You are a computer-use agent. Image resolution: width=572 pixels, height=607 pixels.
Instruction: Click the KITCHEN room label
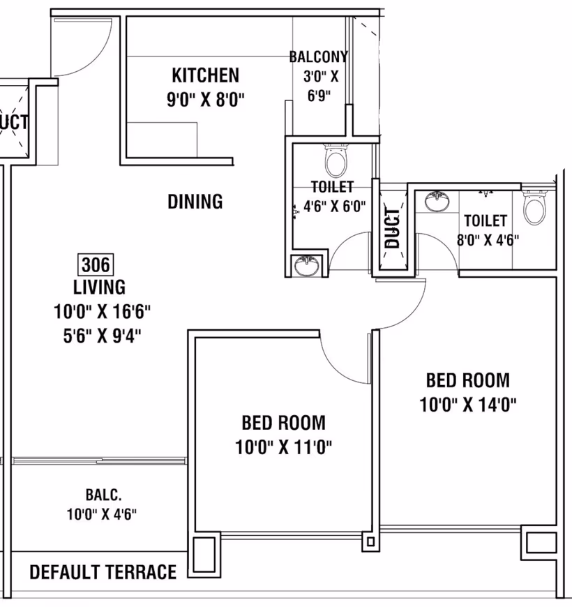pos(206,75)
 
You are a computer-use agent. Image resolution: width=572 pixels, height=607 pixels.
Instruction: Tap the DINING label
pos(195,202)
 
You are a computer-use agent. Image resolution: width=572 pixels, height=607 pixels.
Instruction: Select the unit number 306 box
pos(96,265)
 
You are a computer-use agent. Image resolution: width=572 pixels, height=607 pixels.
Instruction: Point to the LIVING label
pos(100,287)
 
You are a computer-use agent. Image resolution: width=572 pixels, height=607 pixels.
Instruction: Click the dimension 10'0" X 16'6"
pos(102,311)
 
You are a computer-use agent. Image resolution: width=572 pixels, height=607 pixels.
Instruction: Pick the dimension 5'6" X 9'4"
pos(102,336)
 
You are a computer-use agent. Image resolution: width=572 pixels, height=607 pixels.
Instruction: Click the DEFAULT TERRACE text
pos(103,572)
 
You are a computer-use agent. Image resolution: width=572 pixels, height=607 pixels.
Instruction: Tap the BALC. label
pos(103,495)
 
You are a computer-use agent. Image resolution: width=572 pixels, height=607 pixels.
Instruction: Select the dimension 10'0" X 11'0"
pos(284,447)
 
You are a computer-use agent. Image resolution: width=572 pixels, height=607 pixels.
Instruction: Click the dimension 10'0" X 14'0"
pos(468,405)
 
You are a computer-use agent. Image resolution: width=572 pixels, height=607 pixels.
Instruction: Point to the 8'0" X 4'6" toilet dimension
pos(488,240)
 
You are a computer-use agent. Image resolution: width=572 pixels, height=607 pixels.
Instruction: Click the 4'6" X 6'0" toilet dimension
pos(334,207)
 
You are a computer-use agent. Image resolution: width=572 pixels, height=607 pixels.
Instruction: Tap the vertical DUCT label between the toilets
pos(392,228)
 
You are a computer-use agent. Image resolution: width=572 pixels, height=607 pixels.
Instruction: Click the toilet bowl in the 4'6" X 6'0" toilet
pos(336,160)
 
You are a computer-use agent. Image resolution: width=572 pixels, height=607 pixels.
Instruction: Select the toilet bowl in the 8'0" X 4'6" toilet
pos(535,207)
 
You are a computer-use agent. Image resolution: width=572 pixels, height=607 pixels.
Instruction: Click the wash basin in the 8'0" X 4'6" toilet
pos(437,202)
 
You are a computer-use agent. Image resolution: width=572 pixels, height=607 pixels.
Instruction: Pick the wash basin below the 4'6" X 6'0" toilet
pos(307,265)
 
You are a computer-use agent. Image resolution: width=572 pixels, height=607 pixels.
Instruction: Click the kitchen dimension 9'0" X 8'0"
pos(206,100)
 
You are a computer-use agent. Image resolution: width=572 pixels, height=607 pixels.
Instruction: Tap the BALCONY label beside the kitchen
pos(319,57)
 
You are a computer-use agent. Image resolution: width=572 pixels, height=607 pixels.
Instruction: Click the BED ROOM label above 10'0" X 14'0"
pos(468,380)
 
